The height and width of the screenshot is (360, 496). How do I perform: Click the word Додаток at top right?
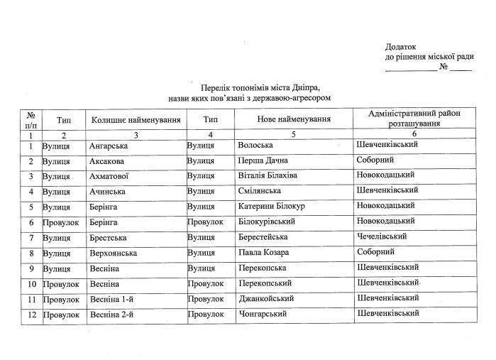click(401, 45)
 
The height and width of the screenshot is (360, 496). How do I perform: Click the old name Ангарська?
click(109, 146)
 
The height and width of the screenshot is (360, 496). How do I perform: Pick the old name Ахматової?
click(110, 176)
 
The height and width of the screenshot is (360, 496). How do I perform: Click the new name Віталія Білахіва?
click(268, 176)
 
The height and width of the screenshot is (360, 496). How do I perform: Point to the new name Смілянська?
click(260, 191)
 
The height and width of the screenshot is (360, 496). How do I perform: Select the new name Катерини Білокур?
click(272, 207)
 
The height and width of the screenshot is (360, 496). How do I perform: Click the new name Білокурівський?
click(267, 222)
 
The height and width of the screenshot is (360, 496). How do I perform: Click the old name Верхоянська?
click(114, 253)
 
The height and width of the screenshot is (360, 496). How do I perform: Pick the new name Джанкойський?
click(267, 298)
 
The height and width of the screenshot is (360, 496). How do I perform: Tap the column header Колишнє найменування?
click(136, 120)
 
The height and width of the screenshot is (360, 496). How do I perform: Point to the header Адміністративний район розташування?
click(416, 118)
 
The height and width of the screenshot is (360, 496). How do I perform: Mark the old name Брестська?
click(109, 237)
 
